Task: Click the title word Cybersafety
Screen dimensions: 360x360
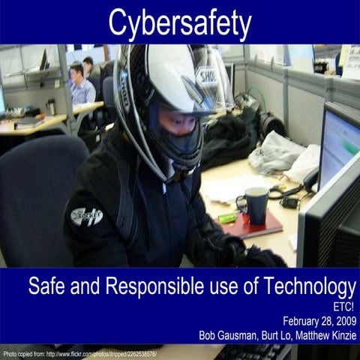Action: (x=179, y=23)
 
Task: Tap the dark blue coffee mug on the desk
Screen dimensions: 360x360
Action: (x=256, y=204)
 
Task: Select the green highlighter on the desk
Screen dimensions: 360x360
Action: (x=227, y=218)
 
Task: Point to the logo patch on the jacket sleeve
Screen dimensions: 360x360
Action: (x=86, y=217)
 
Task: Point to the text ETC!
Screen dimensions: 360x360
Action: (x=344, y=306)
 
